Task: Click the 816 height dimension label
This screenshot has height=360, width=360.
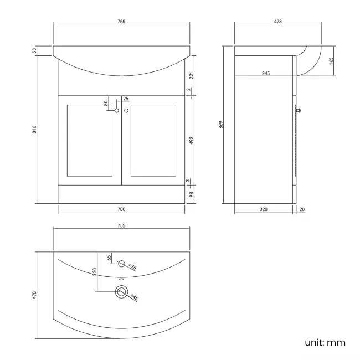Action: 34,130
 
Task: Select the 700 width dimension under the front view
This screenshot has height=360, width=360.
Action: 121,209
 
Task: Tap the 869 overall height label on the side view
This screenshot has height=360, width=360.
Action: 221,125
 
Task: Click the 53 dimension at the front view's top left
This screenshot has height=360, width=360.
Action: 34,51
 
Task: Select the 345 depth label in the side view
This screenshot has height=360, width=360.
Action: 266,73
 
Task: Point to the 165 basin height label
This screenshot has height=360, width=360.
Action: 331,61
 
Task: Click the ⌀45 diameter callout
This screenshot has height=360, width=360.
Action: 134,297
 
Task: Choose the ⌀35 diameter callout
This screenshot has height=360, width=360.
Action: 133,268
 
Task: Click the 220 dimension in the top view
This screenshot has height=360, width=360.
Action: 95,272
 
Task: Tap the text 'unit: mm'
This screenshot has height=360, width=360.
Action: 325,342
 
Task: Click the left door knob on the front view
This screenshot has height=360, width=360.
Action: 117,111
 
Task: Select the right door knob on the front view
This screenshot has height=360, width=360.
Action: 126,111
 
